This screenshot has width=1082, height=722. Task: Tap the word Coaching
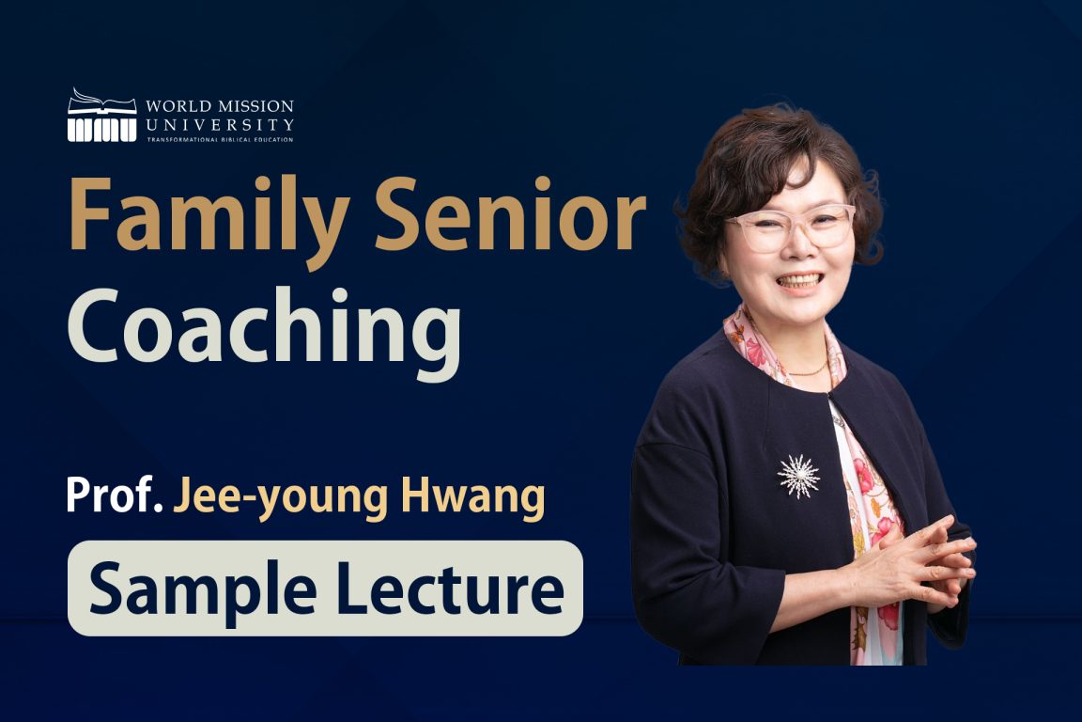[264, 330]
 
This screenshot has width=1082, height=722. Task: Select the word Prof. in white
[113, 494]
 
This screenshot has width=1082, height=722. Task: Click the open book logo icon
[101, 115]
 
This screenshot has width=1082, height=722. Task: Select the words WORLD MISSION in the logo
[220, 105]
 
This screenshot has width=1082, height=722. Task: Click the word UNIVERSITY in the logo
[220, 124]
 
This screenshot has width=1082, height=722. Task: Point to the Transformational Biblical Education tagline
[220, 139]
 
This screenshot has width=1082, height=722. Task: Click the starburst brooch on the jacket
[798, 476]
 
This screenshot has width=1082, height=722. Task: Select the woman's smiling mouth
[800, 280]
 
